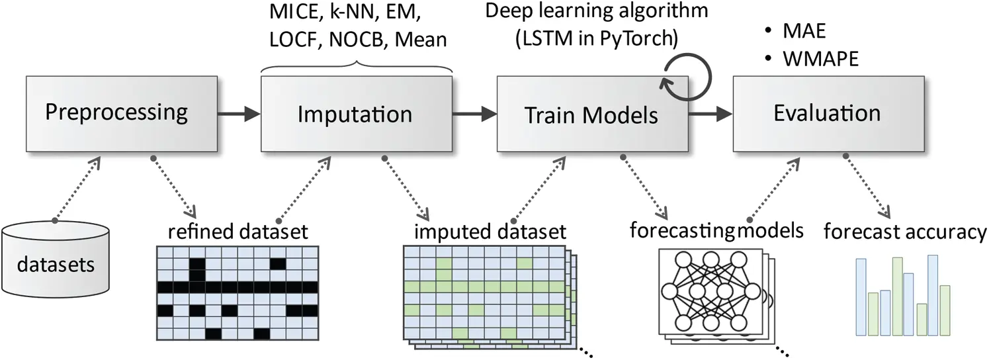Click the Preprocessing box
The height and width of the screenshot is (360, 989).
point(117,113)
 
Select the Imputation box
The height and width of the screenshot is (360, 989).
point(355,113)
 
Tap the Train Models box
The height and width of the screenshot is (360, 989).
point(591,114)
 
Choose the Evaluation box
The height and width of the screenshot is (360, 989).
point(827,113)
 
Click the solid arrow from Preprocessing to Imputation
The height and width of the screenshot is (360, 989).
point(239,114)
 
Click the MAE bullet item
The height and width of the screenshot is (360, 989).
point(804,32)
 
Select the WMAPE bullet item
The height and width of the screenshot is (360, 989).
point(820,58)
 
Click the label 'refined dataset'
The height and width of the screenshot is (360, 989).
point(238,232)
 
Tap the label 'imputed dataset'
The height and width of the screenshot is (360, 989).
point(490,232)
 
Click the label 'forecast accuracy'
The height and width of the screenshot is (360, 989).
point(904,232)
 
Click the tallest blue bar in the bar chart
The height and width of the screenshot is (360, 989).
point(932,294)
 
